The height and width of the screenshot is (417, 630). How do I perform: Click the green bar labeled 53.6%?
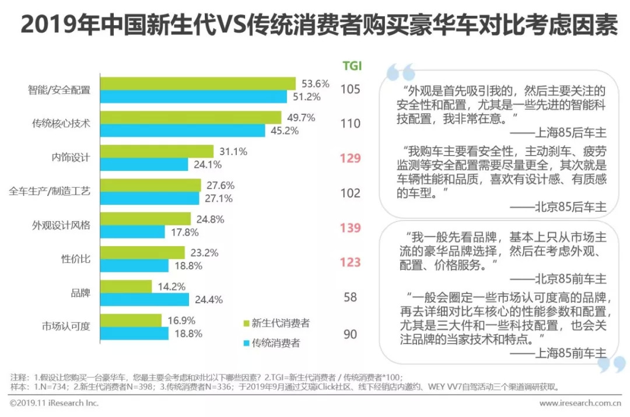click(198, 83)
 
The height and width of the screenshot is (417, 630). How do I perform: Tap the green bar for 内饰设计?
click(157, 152)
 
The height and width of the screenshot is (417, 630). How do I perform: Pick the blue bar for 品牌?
click(146, 299)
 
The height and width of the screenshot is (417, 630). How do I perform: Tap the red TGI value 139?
click(351, 228)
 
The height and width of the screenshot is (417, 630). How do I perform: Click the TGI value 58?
click(351, 297)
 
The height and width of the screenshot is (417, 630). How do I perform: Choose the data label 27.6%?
click(220, 185)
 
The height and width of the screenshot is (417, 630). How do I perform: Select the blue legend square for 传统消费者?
click(246, 343)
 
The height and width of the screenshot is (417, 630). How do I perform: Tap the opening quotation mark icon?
click(400, 72)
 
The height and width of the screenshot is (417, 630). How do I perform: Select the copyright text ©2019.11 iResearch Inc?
click(54, 403)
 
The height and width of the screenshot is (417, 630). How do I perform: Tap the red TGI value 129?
click(351, 159)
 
